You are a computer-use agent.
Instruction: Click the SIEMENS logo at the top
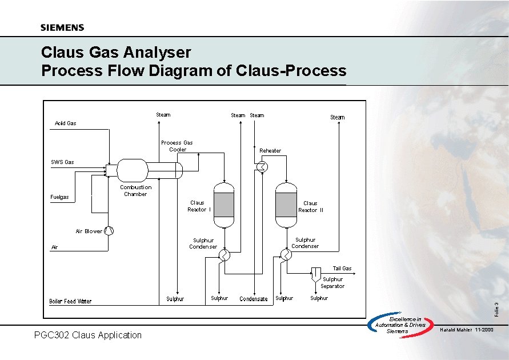(62, 27)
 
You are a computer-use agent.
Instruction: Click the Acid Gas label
(65, 123)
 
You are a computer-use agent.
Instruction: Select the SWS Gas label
(62, 162)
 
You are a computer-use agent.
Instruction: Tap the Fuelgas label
(59, 197)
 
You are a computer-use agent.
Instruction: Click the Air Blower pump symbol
(109, 231)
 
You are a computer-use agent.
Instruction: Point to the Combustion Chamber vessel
(132, 170)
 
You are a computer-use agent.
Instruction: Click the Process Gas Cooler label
(177, 146)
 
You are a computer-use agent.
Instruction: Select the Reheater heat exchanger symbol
(262, 166)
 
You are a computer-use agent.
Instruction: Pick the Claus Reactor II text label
(310, 207)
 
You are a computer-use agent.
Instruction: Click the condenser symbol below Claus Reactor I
(224, 255)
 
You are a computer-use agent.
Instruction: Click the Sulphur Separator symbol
(315, 275)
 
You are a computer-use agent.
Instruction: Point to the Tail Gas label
(342, 268)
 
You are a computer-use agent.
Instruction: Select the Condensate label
(254, 299)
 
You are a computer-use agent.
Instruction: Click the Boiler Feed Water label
(70, 301)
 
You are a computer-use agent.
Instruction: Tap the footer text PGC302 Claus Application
(88, 335)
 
